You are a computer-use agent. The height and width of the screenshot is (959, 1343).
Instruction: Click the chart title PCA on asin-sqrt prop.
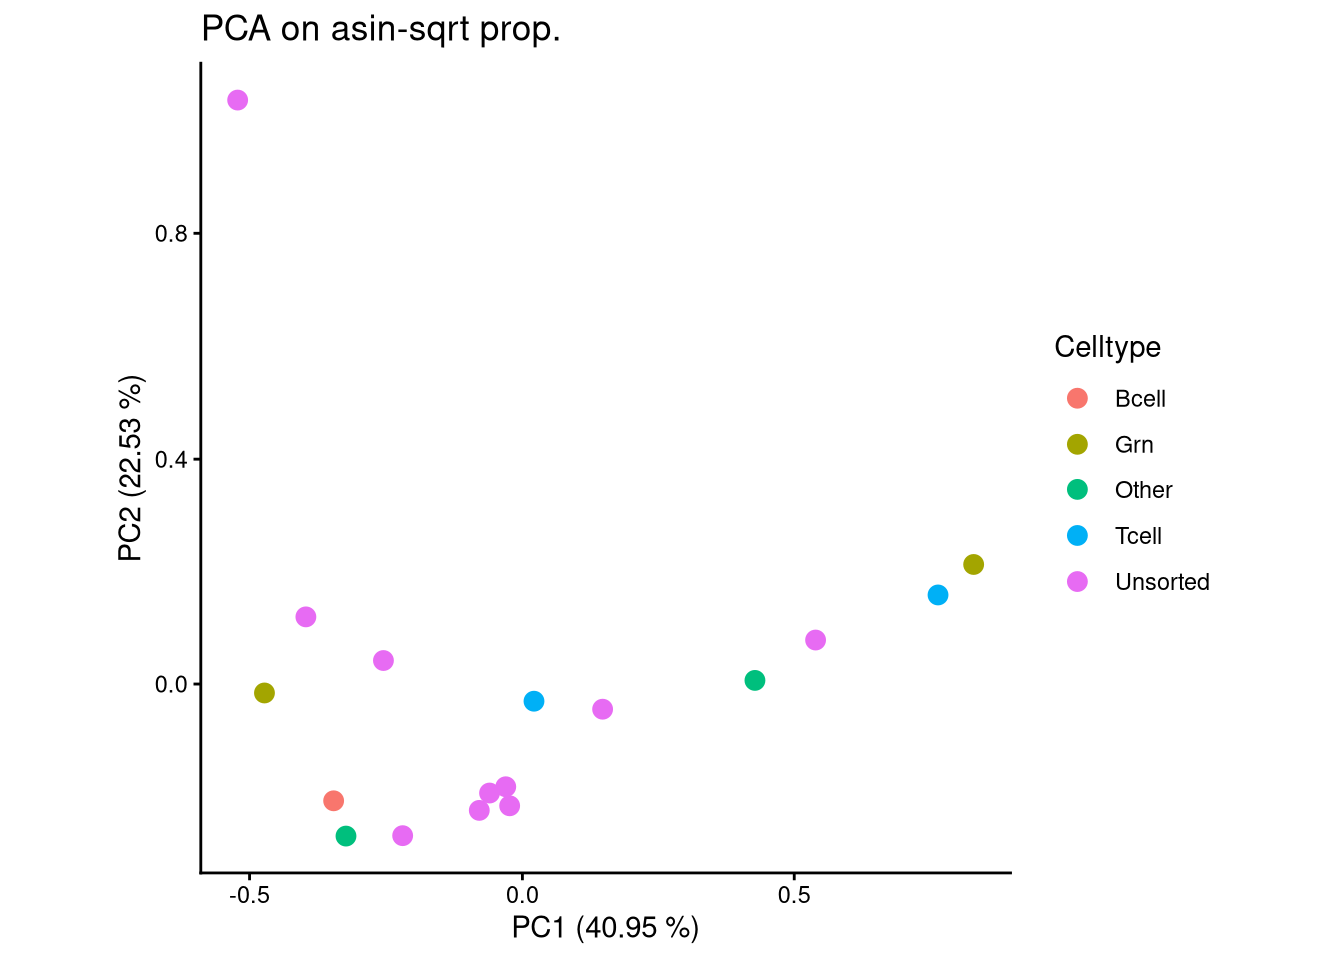381,30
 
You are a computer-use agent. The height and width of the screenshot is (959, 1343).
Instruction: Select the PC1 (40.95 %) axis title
605,928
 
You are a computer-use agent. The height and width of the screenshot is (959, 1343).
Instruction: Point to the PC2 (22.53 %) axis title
131,469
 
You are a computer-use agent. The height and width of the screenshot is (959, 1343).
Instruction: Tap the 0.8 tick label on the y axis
171,234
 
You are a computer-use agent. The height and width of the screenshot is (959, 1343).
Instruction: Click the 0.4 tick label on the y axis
171,460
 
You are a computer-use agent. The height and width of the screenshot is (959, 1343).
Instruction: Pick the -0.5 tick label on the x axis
249,895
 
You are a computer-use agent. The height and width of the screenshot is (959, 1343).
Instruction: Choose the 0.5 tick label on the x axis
794,895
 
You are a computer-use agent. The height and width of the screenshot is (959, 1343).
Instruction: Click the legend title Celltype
1107,347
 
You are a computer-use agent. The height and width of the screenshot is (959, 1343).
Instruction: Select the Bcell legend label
1140,399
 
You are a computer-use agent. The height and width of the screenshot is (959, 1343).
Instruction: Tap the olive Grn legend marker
1077,445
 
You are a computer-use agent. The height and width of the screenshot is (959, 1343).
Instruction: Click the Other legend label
1143,490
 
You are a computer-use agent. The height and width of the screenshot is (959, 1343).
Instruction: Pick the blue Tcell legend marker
1077,536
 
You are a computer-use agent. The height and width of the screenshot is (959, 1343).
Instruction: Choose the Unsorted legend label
1162,582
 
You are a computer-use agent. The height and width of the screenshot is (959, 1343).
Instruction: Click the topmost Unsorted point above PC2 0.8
237,100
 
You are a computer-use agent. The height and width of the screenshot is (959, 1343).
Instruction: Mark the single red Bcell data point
334,801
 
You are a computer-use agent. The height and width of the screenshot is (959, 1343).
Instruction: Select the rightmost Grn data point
973,565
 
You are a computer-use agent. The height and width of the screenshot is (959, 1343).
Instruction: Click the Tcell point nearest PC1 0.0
534,702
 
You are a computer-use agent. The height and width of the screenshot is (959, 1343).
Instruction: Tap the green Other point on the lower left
346,836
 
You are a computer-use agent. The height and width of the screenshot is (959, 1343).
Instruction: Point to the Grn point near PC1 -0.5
264,693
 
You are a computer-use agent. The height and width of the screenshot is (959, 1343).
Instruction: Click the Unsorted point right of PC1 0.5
815,640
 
